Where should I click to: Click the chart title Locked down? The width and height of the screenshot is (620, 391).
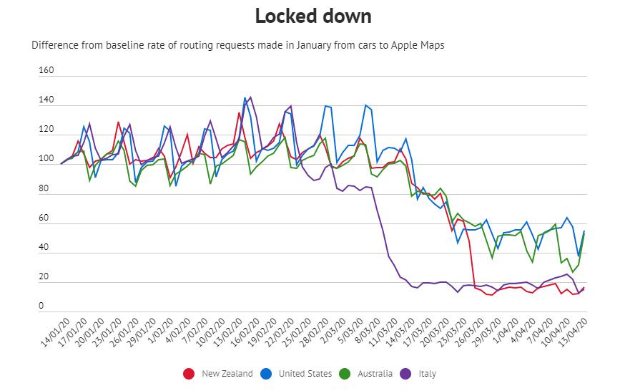click(314, 16)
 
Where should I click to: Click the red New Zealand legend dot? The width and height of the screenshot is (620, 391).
click(190, 373)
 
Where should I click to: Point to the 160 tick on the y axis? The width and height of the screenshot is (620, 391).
click(45, 71)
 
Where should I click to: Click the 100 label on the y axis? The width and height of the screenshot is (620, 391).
click(45, 159)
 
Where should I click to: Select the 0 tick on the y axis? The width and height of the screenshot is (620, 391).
click(41, 306)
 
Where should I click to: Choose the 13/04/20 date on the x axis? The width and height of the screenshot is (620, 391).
click(577, 333)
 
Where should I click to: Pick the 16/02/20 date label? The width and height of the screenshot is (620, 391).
click(243, 333)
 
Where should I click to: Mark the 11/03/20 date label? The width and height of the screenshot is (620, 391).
click(382, 333)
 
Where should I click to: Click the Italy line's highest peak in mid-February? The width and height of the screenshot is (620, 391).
click(250, 97)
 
